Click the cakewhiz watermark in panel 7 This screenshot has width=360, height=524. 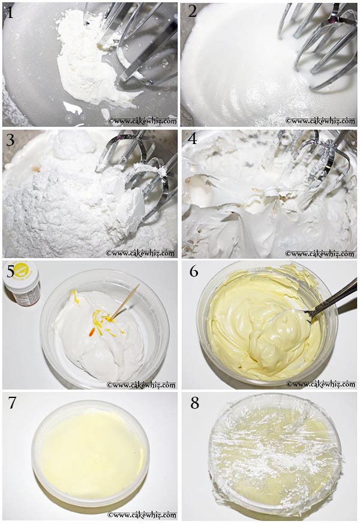[x=142, y=515]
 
